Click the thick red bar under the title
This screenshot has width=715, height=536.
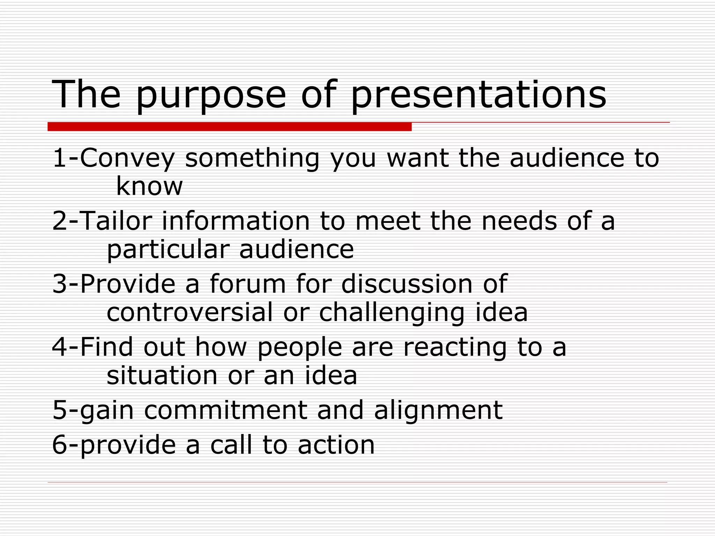[x=229, y=127]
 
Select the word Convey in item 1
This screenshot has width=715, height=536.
[x=127, y=158]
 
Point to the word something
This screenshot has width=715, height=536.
[x=252, y=158]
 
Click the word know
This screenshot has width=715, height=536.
[x=149, y=186]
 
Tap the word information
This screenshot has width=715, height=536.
[x=236, y=221]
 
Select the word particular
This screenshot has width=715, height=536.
[x=168, y=250]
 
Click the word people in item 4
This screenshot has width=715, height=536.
[x=300, y=348]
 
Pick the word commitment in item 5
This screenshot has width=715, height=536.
[x=226, y=410]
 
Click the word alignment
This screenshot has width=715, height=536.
[x=438, y=411]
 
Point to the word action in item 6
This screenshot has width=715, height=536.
[x=336, y=445]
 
